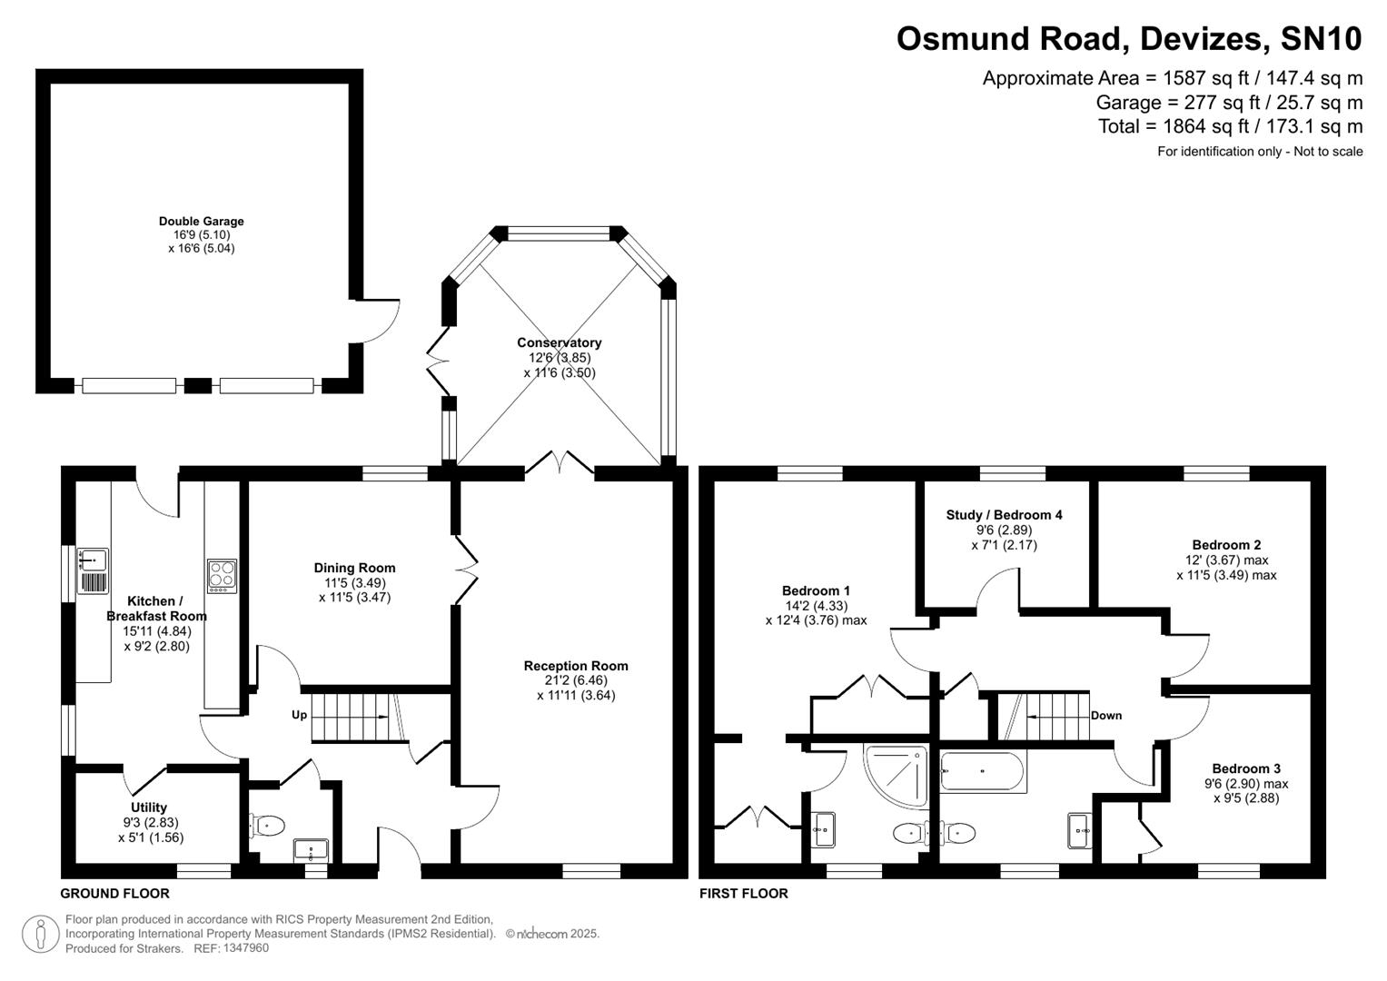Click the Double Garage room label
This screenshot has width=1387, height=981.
click(201, 221)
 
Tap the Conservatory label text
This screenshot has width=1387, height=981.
click(559, 342)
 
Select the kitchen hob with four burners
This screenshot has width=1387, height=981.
click(222, 576)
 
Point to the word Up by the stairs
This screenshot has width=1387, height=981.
click(299, 715)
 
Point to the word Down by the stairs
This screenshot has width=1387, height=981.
click(1105, 716)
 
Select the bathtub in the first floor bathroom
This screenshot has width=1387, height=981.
click(982, 772)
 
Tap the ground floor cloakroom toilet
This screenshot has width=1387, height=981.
click(266, 825)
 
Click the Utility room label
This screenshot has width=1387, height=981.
click(149, 808)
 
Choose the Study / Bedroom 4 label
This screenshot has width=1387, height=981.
click(1004, 515)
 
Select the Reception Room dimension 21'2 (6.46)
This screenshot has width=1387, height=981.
click(576, 680)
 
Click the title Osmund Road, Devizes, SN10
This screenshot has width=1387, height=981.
click(1129, 39)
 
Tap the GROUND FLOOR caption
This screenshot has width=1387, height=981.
click(114, 894)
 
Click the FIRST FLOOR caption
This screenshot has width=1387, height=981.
click(743, 894)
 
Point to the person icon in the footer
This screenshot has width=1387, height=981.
click(40, 934)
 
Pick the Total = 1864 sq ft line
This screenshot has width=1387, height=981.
click(1230, 126)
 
